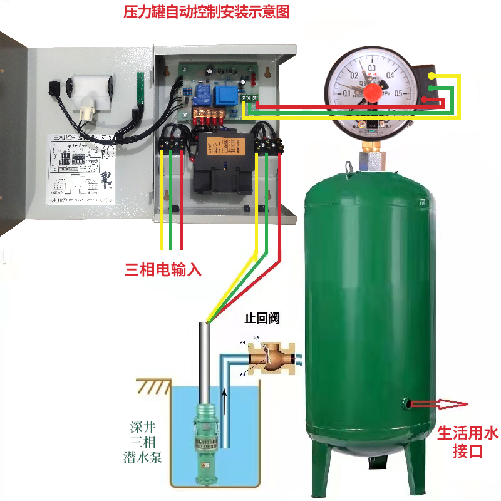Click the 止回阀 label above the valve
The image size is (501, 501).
(x=262, y=319)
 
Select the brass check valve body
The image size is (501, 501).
(x=270, y=359)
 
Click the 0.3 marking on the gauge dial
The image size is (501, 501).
(x=371, y=68)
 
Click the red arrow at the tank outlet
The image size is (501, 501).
(x=448, y=405)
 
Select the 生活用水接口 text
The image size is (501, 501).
(x=467, y=441)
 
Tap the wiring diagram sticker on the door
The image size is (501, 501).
(x=81, y=169)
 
